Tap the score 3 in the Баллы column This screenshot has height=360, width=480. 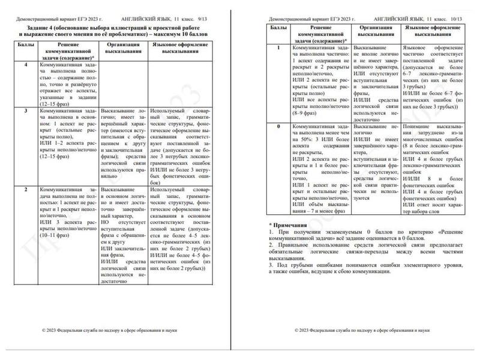pos(25,112)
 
